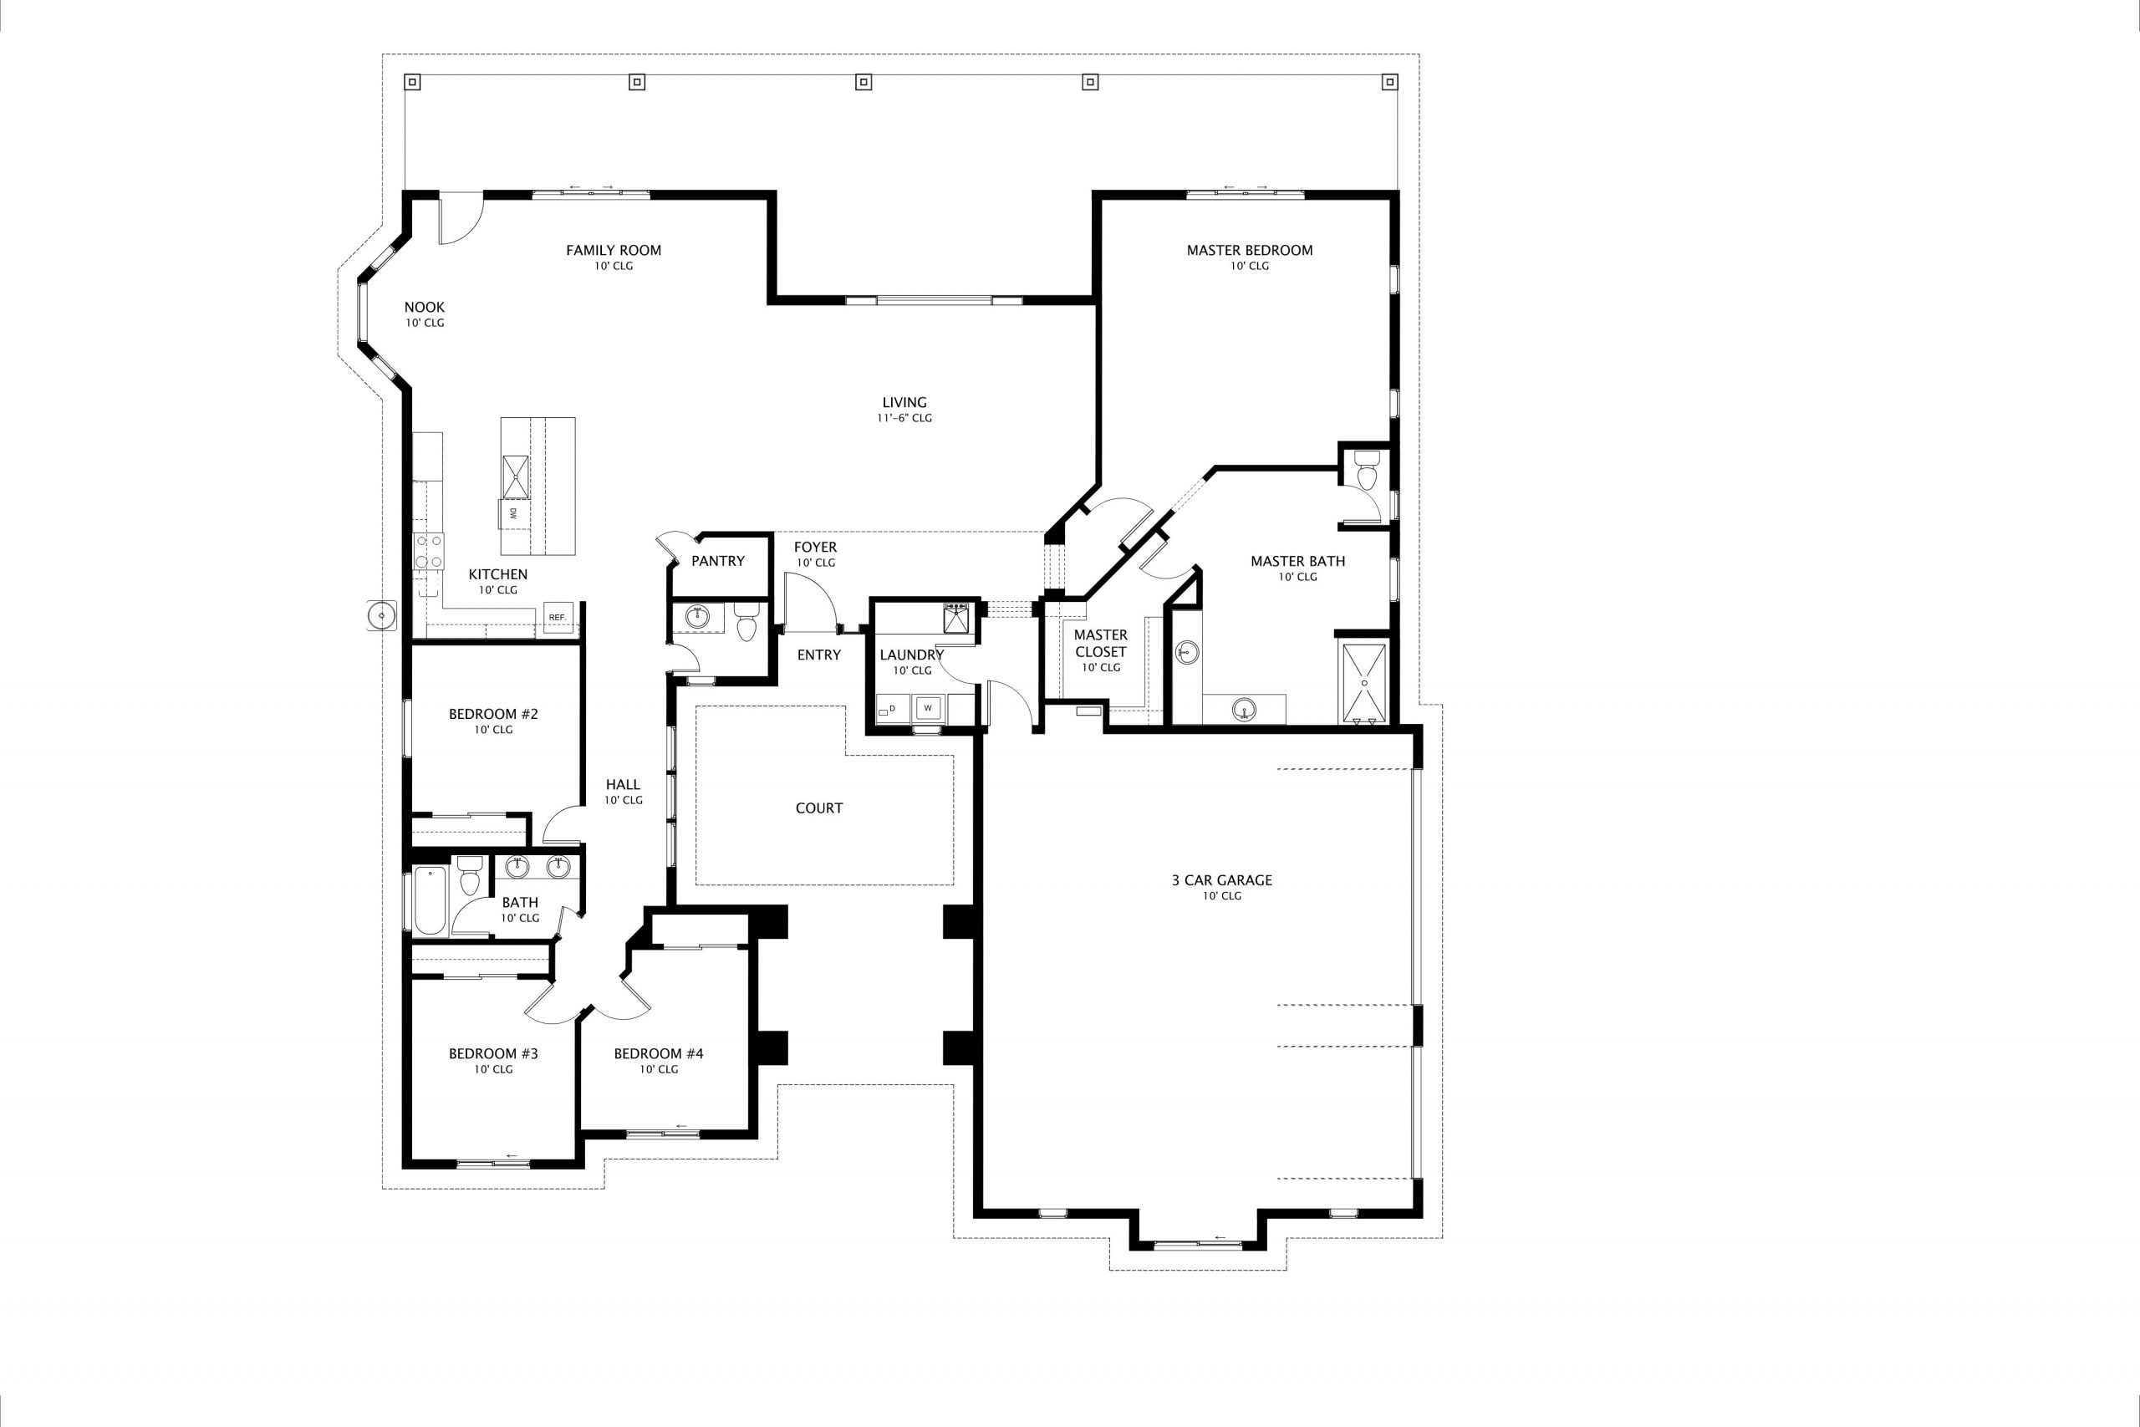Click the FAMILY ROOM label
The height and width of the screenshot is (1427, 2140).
[614, 250]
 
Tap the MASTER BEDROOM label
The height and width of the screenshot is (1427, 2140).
[1249, 250]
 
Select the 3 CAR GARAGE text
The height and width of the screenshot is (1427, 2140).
[1222, 880]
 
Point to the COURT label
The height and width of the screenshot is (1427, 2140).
[819, 808]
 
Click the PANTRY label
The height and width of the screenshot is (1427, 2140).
[718, 561]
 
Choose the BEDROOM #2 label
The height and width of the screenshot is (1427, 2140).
[493, 715]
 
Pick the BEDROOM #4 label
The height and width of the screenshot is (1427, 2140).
[659, 1054]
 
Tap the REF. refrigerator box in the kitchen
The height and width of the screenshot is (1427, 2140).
[558, 617]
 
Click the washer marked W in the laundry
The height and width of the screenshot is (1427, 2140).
[928, 707]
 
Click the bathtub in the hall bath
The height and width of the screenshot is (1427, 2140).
[430, 901]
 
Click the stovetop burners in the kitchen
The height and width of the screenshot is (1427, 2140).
[430, 551]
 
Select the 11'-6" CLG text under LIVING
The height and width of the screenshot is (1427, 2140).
[904, 419]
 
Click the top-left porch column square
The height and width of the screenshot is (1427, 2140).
[412, 83]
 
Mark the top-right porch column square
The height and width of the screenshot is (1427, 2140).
[1389, 83]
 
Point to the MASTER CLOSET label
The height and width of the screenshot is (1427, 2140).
[1100, 644]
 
